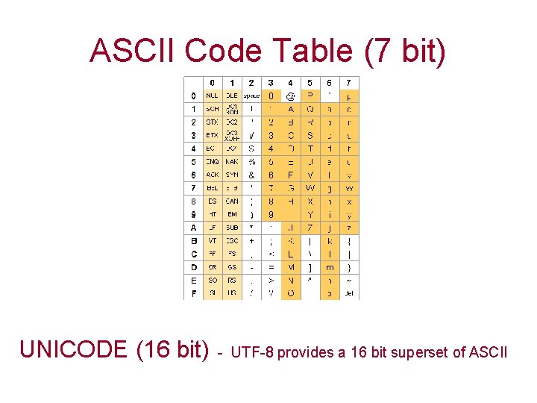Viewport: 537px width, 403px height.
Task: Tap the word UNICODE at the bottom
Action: [x=74, y=349]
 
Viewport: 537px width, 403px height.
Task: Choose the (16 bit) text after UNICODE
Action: [x=173, y=349]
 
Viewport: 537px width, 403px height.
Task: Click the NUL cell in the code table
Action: [x=213, y=96]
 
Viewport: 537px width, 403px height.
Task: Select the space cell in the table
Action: [x=251, y=96]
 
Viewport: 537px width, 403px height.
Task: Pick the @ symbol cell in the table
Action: [x=290, y=96]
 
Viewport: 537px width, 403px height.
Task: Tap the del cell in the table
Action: [x=349, y=294]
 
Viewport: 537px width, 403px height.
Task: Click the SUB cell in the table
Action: [x=232, y=228]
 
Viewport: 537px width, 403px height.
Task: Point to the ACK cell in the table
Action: [x=213, y=175]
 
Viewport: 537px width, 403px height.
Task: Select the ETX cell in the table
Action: [x=213, y=135]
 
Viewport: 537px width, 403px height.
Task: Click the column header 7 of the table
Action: [x=349, y=83]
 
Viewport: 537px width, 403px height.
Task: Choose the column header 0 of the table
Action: [x=213, y=83]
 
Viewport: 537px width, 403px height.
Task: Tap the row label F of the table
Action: [x=194, y=294]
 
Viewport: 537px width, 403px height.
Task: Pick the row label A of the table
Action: [x=194, y=228]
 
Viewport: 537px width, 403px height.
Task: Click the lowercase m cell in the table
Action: [x=329, y=267]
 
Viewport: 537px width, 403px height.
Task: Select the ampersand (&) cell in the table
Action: [x=251, y=175]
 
